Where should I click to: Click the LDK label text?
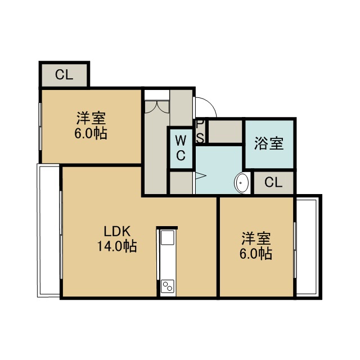click(117, 231)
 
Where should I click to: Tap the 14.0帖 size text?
click(117, 246)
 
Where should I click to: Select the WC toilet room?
click(181, 148)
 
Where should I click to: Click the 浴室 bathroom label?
click(269, 143)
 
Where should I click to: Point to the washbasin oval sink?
click(241, 183)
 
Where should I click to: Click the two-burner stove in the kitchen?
click(168, 286)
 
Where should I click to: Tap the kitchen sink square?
click(168, 237)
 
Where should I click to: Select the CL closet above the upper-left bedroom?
click(64, 75)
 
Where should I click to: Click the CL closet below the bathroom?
click(273, 183)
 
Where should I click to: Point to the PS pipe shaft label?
click(200, 132)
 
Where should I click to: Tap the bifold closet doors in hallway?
click(157, 107)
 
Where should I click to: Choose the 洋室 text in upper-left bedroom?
click(91, 118)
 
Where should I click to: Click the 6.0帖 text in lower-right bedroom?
click(256, 254)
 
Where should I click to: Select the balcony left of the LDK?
click(48, 231)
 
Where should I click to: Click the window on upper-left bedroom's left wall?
click(40, 127)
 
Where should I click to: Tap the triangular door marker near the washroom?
click(201, 176)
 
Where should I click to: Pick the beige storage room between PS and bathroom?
click(225, 131)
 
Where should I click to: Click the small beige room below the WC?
click(181, 183)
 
